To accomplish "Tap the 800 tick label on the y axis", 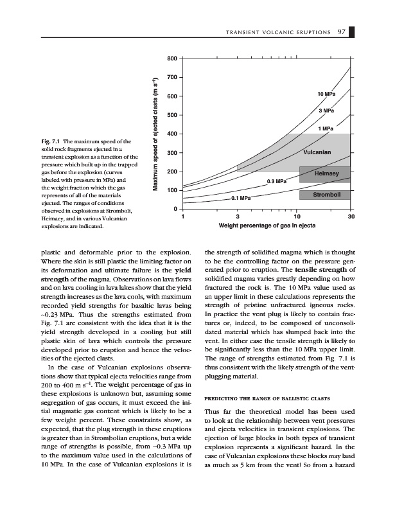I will (171, 59).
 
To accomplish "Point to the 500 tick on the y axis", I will (171, 116).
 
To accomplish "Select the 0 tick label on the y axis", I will (175, 209).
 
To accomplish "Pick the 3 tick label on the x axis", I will (238, 217).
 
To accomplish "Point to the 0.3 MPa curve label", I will (277, 182).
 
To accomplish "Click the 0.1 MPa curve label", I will (241, 199).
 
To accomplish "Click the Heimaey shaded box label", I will (327, 173).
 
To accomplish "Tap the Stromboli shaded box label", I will (326, 195).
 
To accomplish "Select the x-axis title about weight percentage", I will (267, 226).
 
